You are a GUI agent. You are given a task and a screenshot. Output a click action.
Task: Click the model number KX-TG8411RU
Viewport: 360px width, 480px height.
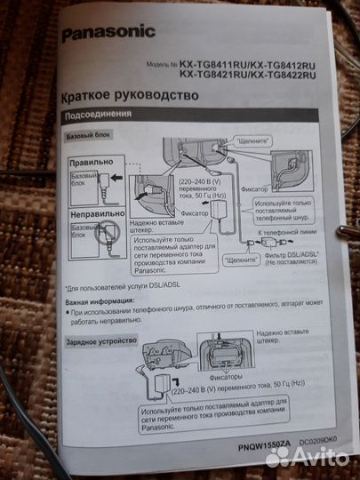(214, 66)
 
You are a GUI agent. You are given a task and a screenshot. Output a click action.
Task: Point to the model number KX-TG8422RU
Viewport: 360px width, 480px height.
(284, 76)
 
